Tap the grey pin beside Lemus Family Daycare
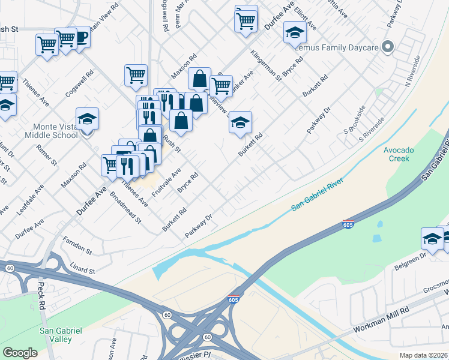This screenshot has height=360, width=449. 388,47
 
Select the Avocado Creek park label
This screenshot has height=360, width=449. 397,154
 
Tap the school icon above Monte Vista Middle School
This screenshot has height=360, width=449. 87,119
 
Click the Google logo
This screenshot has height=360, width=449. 20,353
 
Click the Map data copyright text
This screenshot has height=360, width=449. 424,355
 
